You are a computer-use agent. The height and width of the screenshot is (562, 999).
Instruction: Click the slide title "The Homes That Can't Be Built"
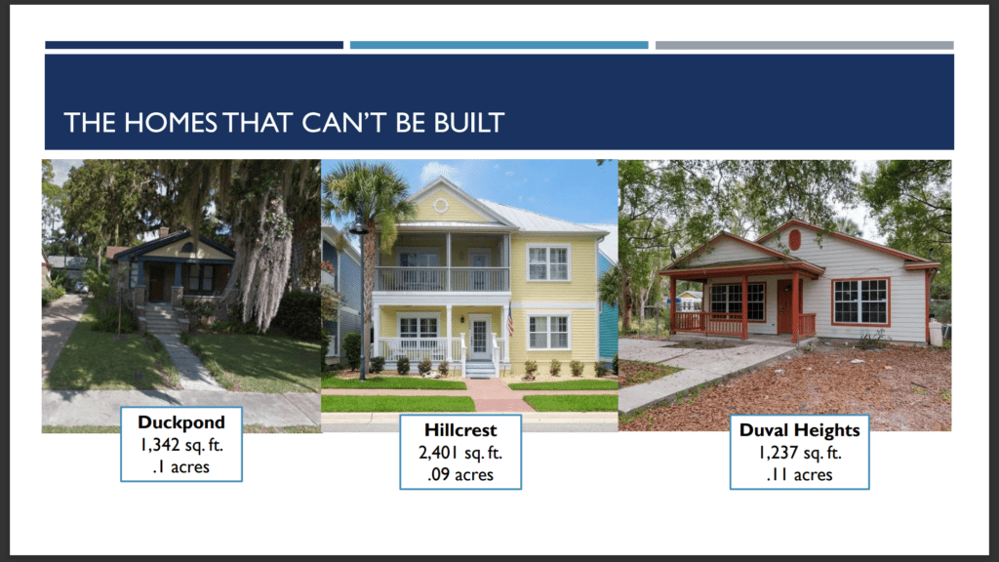284,123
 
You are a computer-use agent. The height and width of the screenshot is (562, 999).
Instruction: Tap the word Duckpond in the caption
181,422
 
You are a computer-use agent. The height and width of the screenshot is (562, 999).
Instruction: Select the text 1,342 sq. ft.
181,445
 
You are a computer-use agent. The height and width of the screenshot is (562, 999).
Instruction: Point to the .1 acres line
181,467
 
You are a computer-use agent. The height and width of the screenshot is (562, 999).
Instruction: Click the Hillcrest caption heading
460,430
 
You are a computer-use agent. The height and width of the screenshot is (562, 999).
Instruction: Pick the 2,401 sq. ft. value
460,453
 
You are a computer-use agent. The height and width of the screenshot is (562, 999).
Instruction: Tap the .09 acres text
460,475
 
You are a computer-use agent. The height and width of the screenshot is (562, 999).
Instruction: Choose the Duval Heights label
800,430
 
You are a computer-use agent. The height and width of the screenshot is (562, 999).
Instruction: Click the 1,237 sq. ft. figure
800,453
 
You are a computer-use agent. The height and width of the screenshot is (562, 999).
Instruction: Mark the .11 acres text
800,475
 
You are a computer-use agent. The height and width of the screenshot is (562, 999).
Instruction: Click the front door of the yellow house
479,337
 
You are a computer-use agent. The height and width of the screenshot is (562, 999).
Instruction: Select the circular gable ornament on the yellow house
440,205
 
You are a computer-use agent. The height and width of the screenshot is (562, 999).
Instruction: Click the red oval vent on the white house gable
794,240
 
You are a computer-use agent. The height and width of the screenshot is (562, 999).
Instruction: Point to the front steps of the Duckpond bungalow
159,318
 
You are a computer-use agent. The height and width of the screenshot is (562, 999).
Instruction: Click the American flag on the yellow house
510,320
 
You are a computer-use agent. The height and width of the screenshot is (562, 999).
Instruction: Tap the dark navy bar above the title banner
194,45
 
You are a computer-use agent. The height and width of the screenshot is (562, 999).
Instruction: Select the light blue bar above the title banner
499,45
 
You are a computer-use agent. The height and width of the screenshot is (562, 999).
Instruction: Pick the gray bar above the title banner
805,45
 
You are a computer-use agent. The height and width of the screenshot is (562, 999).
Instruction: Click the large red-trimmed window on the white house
860,301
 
